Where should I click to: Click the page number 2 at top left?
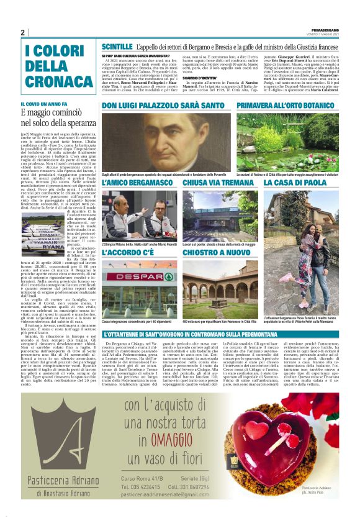click(23, 33)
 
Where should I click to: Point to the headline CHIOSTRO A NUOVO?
click(215, 253)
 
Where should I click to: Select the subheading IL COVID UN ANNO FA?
click(43, 104)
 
